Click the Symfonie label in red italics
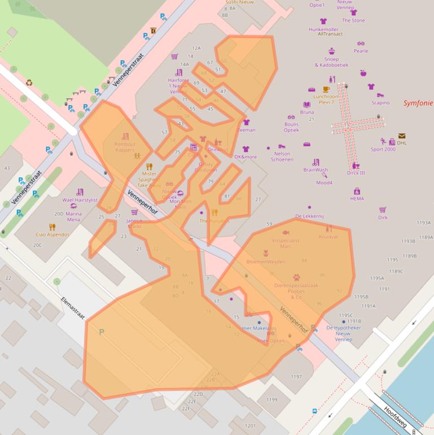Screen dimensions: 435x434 pyautogui.click(x=418, y=103)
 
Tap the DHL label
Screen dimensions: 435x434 pyautogui.click(x=401, y=143)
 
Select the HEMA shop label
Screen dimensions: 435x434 pyautogui.click(x=357, y=199)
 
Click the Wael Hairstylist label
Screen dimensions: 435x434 pyautogui.click(x=80, y=200)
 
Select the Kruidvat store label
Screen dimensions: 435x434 pyautogui.click(x=328, y=237)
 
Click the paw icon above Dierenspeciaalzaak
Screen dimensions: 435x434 pyautogui.click(x=296, y=277)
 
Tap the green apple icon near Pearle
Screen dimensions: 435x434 pyautogui.click(x=363, y=73)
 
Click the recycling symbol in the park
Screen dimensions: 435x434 pyautogui.click(x=29, y=83)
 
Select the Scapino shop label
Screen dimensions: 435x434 pyautogui.click(x=380, y=103)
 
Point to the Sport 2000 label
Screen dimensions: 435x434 pyautogui.click(x=383, y=149)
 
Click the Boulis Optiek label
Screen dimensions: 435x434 pyautogui.click(x=291, y=127)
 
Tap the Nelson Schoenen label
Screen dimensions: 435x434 pyautogui.click(x=282, y=156)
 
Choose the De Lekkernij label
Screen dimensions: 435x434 pyautogui.click(x=309, y=216)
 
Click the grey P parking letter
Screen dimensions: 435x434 pyautogui.click(x=102, y=332)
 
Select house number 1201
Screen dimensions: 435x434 pyautogui.click(x=250, y=425)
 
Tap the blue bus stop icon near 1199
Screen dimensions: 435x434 pyautogui.click(x=314, y=411)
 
